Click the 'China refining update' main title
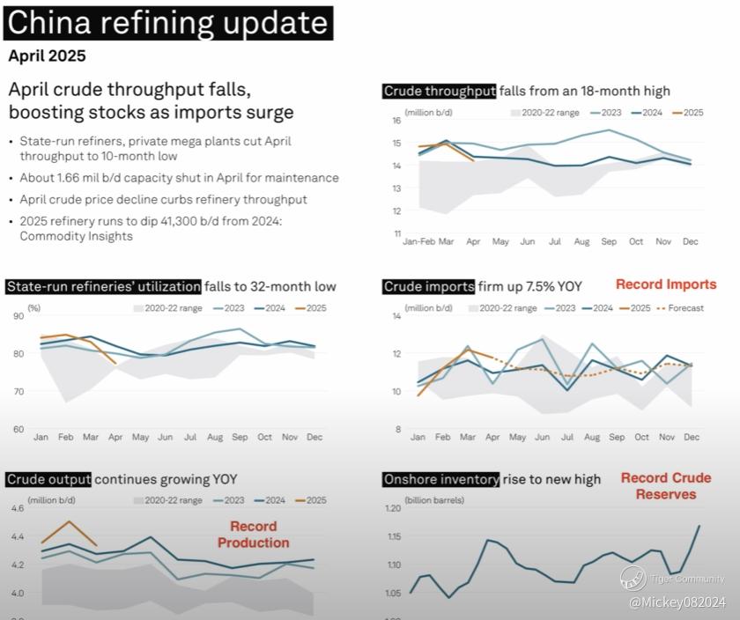click(x=167, y=22)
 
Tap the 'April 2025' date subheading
click(x=47, y=56)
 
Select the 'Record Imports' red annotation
click(x=665, y=284)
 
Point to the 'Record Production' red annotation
click(x=254, y=535)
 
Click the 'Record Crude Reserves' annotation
click(x=666, y=486)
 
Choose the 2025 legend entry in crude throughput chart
click(x=688, y=113)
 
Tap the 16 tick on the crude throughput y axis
click(x=396, y=121)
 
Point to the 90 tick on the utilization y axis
click(x=19, y=316)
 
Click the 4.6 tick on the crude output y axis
click(x=17, y=509)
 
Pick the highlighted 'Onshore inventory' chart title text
click(x=441, y=479)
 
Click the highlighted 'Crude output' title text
click(x=48, y=479)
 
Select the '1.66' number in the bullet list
click(x=73, y=178)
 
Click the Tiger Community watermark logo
click(x=633, y=578)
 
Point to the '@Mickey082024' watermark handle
click(x=676, y=602)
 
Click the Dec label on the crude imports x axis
click(x=692, y=437)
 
